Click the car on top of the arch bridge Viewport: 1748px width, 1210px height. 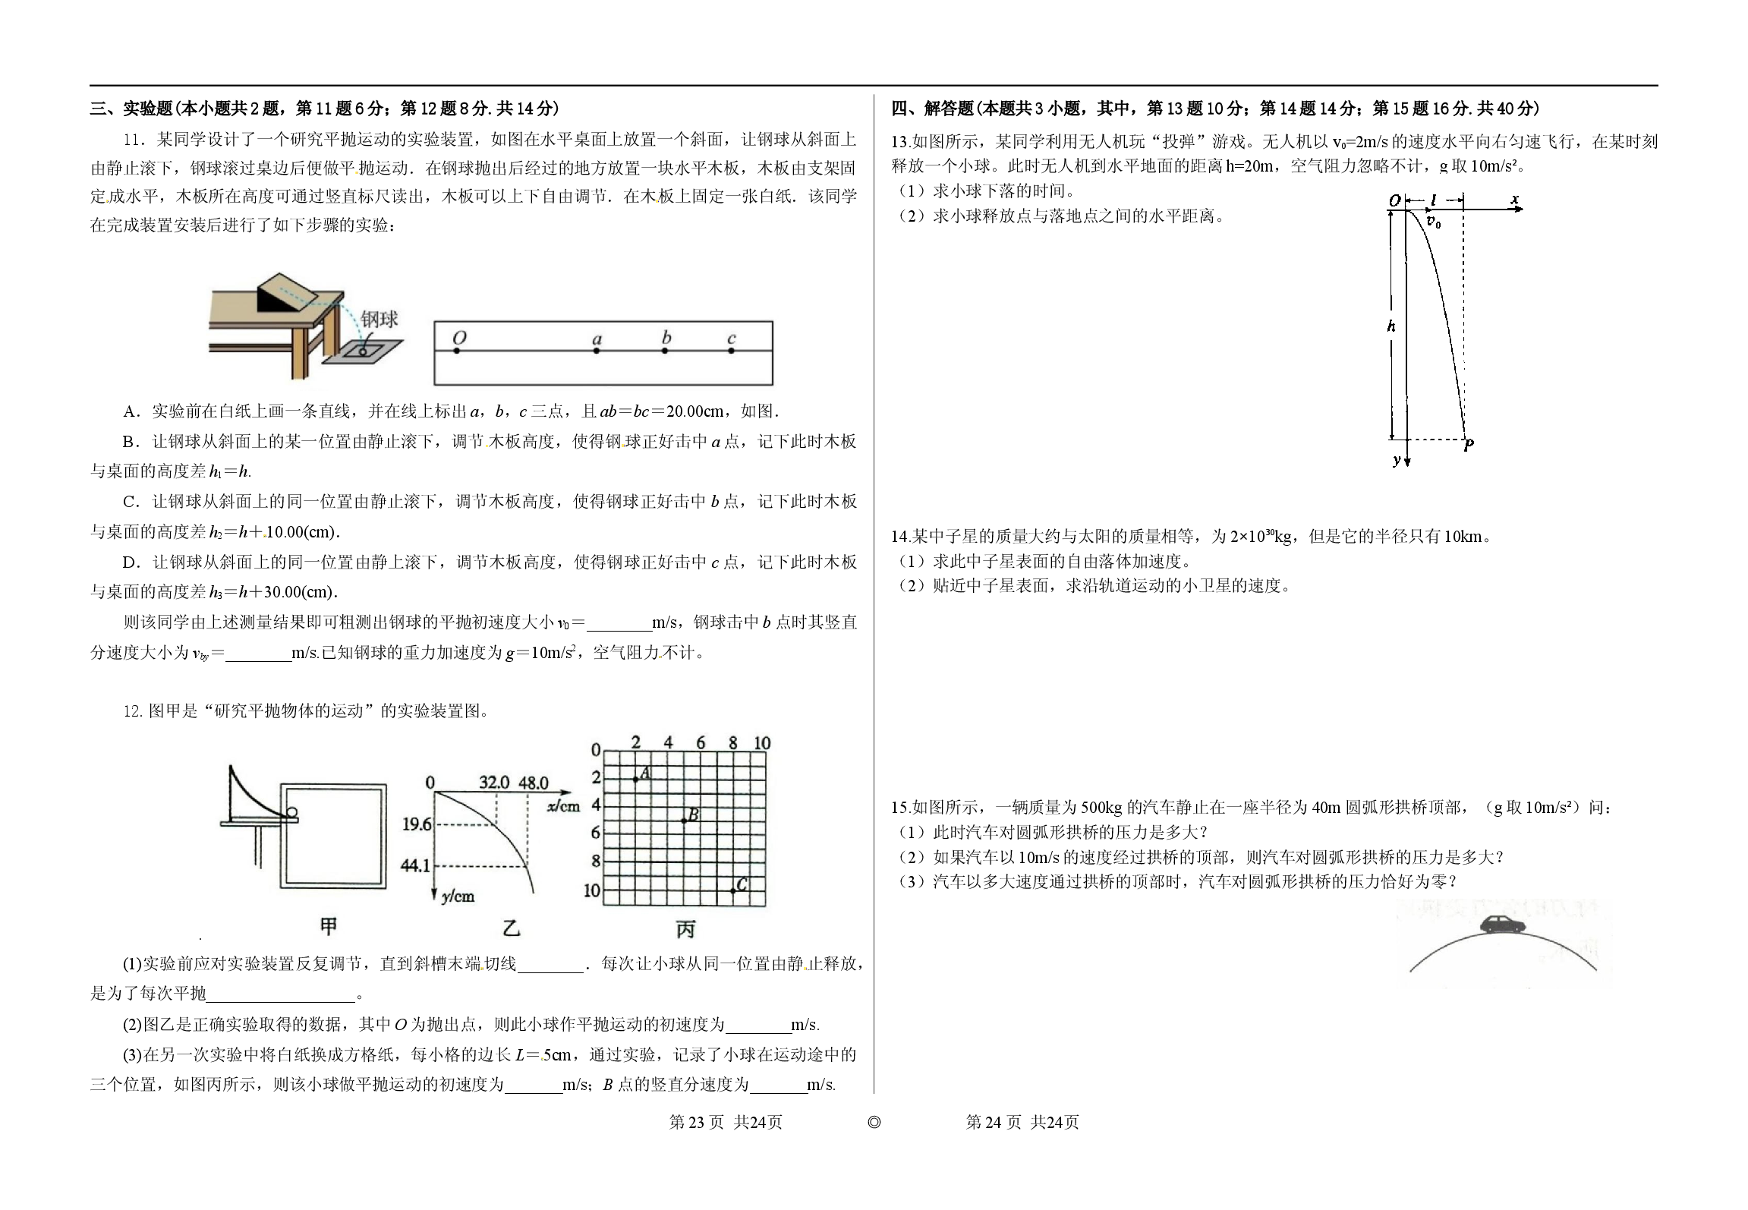coord(1503,925)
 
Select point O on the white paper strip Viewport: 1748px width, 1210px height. coord(458,351)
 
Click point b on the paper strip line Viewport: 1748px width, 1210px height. coord(665,351)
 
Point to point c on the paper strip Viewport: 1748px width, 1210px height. coord(731,351)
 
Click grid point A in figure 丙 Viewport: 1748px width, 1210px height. coord(636,779)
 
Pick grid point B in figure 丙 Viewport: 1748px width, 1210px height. coord(684,821)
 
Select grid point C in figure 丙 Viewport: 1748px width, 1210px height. coord(733,890)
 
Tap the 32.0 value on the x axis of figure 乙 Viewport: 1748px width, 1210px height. coord(493,782)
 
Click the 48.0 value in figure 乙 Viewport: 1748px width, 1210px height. coord(534,782)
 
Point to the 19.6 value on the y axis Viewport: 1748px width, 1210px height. coord(417,824)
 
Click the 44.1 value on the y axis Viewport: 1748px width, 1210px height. coord(415,865)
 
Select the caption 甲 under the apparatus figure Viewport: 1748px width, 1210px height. coord(329,926)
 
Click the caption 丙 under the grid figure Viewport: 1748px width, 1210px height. coord(685,929)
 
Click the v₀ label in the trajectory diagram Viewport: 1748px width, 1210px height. coord(1433,222)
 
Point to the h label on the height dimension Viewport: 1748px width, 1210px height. coord(1391,326)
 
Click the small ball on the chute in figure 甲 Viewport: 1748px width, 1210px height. coord(291,815)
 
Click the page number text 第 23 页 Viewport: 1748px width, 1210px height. coord(696,1122)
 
